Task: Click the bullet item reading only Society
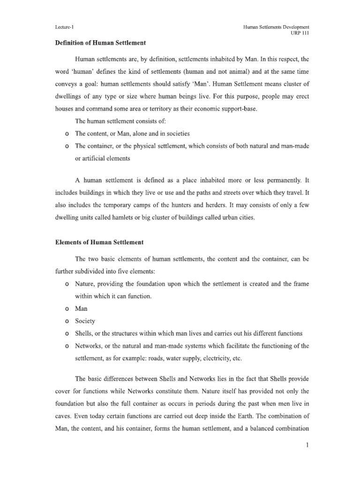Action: tap(85, 322)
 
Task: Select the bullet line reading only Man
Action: tap(81, 309)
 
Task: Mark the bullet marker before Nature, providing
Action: tap(68, 285)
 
